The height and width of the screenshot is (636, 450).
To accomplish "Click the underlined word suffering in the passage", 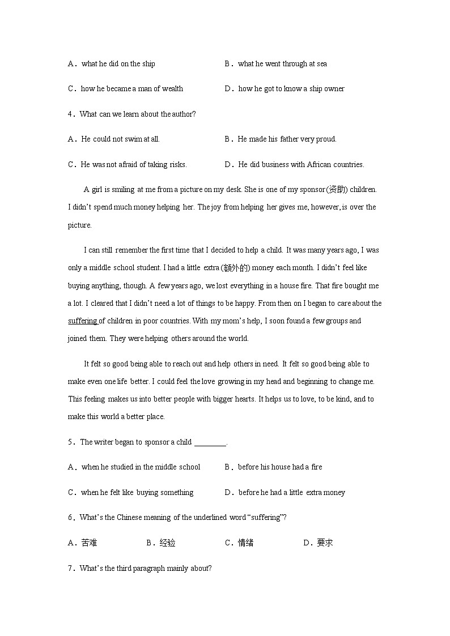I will [x=83, y=321].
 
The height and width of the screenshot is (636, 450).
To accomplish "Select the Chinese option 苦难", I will [x=89, y=543].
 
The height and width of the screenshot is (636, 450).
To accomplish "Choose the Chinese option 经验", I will [x=167, y=543].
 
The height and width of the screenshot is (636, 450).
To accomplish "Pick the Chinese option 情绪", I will [x=245, y=543].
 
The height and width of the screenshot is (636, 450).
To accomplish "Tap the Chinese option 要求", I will [x=325, y=543].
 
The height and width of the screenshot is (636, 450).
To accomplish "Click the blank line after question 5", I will [x=210, y=442].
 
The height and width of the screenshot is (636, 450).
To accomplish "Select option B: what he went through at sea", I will [x=282, y=64].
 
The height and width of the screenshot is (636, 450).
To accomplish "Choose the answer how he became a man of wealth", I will [x=132, y=89].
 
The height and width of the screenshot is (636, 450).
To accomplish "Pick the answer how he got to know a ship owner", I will [x=291, y=89].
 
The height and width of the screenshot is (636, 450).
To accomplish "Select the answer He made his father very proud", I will [x=287, y=139].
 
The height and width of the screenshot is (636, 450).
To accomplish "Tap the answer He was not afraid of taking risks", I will [x=134, y=165].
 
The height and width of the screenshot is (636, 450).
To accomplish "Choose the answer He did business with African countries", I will [x=301, y=165].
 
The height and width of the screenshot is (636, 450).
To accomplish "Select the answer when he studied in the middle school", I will [x=141, y=467].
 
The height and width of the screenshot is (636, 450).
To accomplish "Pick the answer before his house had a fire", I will [x=280, y=467].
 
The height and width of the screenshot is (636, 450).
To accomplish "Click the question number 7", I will [x=71, y=569].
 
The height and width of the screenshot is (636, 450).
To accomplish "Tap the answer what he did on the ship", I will [x=118, y=64].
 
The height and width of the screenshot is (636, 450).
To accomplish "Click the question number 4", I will [x=71, y=114].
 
